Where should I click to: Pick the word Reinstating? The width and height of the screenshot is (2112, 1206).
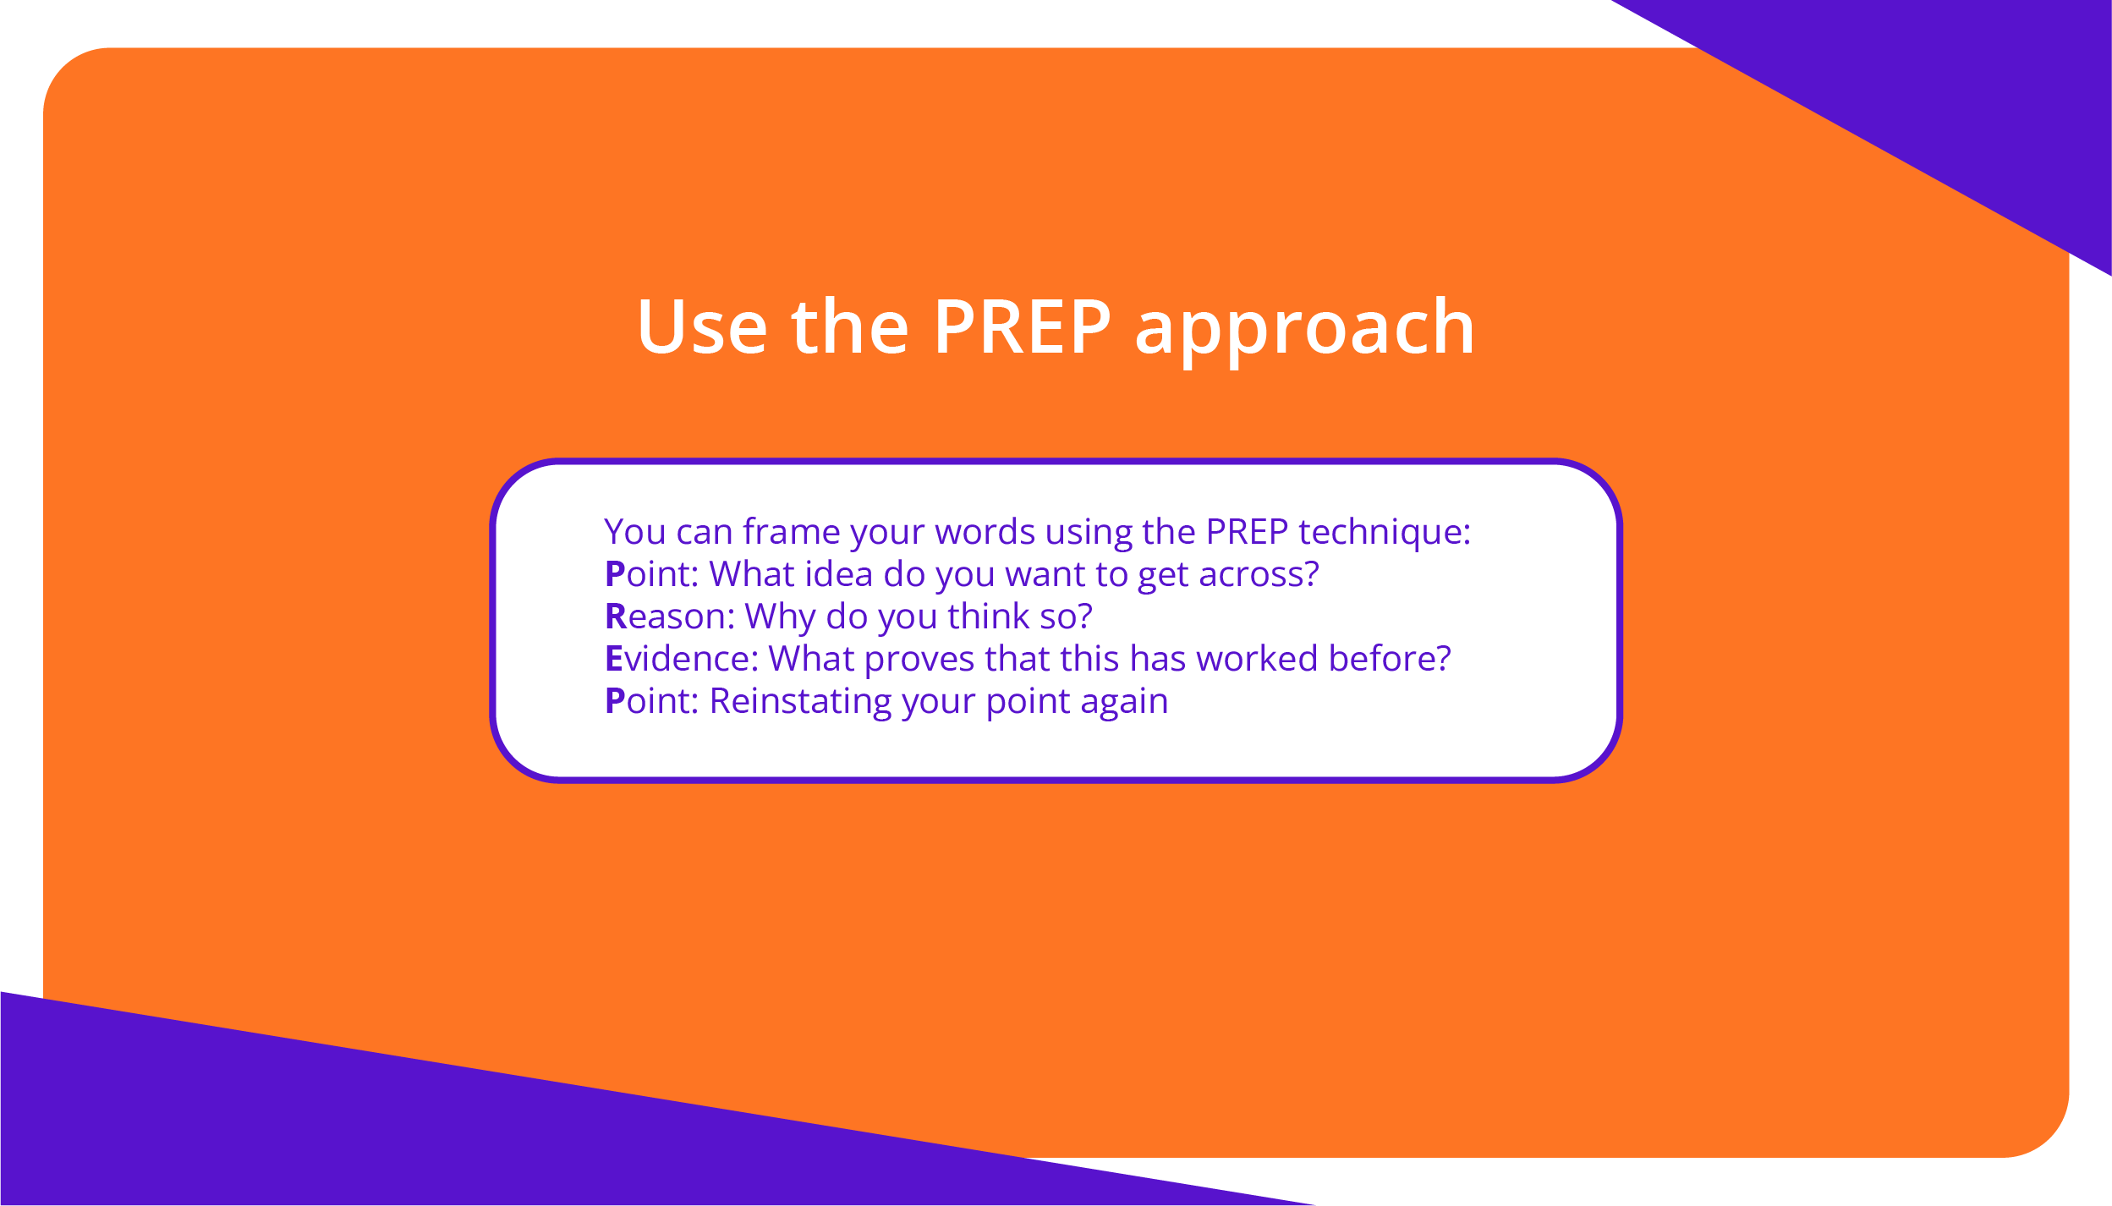pos(800,703)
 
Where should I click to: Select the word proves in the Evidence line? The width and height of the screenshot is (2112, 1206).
pos(919,662)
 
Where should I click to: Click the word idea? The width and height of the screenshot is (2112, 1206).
pos(838,574)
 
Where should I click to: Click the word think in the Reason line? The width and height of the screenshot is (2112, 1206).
pos(988,617)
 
